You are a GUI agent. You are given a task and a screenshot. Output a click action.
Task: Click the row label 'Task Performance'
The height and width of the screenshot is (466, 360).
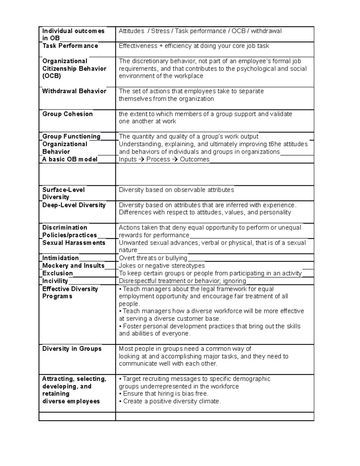[70, 46]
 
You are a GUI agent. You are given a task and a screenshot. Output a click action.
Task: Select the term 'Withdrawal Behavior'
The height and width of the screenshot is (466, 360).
[74, 91]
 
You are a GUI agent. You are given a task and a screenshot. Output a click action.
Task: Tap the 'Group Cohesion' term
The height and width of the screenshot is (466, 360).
[67, 114]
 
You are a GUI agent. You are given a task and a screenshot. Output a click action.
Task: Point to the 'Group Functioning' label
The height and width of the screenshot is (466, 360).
[71, 137]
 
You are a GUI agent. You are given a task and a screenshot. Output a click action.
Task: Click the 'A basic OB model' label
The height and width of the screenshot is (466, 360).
[70, 159]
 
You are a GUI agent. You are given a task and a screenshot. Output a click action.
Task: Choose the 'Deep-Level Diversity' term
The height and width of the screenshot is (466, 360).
[74, 205]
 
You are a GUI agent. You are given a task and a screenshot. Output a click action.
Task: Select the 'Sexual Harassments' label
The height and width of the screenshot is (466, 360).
[74, 243]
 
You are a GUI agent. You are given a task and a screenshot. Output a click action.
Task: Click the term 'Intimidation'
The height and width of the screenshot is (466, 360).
[60, 258]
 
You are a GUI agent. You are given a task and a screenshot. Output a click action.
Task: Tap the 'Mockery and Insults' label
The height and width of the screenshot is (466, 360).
[73, 266]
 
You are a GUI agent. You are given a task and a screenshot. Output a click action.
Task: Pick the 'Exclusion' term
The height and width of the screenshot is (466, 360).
[58, 273]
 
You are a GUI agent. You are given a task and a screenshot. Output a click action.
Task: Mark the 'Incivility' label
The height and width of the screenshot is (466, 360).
[55, 281]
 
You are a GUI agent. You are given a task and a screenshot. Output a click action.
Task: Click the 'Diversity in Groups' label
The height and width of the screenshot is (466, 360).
[72, 349]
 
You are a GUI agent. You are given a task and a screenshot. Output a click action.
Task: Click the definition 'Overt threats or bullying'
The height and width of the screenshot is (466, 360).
[153, 258]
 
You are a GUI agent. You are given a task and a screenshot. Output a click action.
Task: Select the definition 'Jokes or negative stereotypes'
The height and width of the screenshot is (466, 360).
[162, 266]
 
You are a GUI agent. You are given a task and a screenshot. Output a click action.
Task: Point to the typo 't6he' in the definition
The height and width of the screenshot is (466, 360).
[274, 144]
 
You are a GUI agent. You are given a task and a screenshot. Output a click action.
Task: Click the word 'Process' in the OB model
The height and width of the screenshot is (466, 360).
[158, 159]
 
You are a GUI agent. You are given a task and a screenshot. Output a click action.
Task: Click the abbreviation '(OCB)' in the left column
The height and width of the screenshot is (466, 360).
[52, 76]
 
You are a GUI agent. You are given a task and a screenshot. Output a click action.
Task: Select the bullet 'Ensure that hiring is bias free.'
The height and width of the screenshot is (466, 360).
[165, 394]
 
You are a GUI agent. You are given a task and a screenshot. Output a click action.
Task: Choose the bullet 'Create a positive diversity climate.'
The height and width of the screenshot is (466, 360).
[172, 401]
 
